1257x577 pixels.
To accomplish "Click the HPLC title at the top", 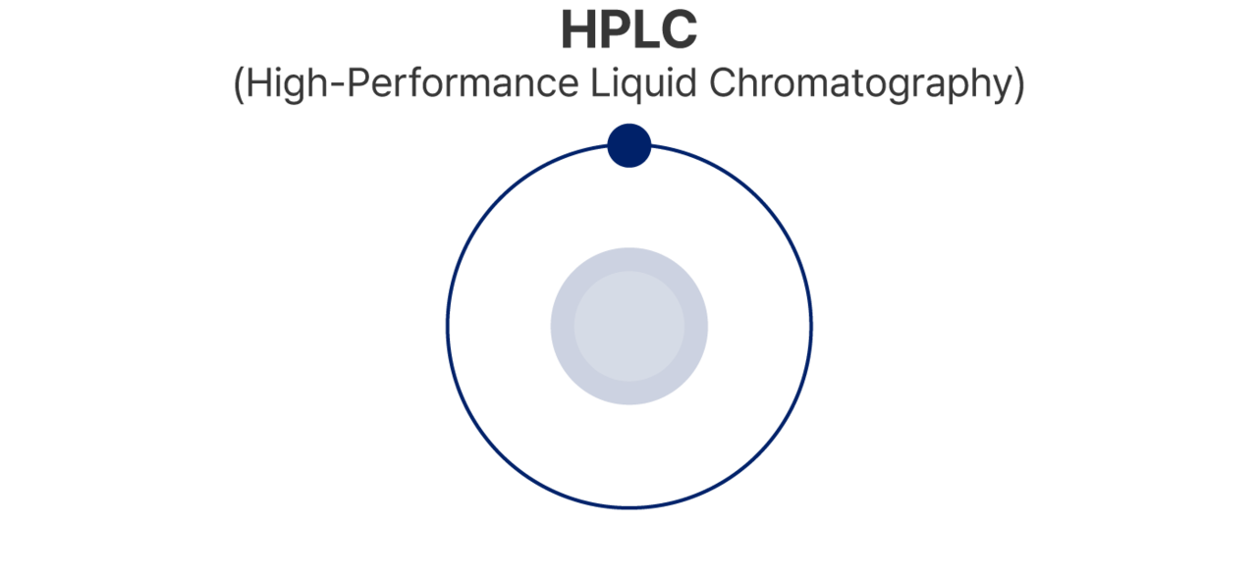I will pos(628,30).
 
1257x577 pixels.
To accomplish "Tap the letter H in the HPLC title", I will pos(578,30).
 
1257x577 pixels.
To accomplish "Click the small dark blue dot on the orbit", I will pos(629,146).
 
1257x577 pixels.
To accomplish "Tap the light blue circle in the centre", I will pos(629,326).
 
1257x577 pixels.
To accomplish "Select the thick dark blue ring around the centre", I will pos(561,326).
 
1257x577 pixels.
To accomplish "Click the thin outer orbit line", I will pos(448,326).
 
